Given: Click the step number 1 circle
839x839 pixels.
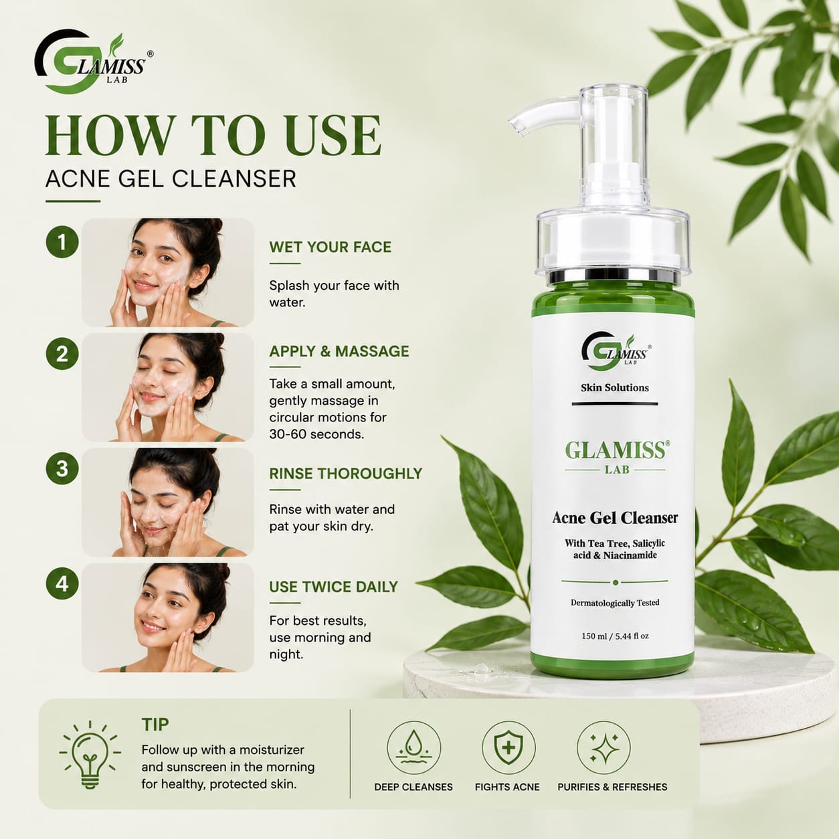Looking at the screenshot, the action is (62, 242).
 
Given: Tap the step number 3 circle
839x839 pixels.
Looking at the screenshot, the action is (62, 469).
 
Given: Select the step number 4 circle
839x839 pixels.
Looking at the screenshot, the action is (62, 583).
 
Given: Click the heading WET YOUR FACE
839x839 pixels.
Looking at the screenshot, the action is (330, 247).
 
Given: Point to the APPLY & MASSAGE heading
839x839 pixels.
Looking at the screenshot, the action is (339, 351).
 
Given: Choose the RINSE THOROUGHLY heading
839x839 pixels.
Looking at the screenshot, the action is (346, 473).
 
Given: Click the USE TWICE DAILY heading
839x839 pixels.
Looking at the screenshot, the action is (333, 587).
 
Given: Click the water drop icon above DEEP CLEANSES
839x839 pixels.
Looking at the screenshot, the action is (413, 748).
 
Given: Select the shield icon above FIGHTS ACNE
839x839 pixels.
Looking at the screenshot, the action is (508, 748).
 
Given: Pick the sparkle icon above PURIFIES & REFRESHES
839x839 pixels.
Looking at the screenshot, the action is (603, 748).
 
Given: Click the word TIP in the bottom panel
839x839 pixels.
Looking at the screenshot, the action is (155, 725).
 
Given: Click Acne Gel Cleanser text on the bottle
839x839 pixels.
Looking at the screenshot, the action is (615, 518).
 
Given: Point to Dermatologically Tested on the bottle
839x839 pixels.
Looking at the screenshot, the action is (615, 603).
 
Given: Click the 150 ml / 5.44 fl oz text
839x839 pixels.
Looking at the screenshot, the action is (615, 636).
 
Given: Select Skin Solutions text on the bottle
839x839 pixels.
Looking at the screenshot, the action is (615, 387).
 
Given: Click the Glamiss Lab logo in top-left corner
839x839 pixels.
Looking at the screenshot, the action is (94, 61).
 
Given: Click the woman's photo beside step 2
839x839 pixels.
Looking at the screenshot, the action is (168, 387).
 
